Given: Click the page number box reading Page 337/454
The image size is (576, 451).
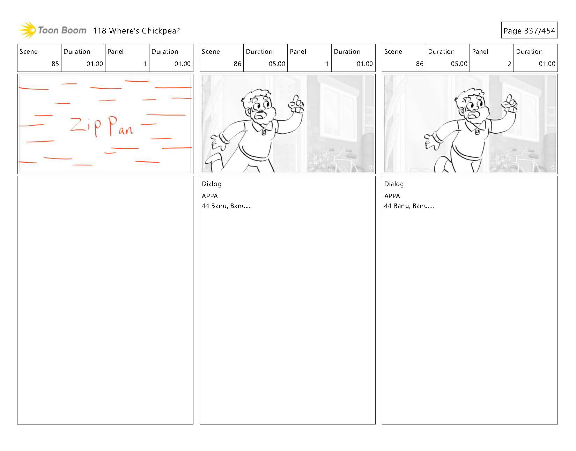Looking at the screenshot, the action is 529,30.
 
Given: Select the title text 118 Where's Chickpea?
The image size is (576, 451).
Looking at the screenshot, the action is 136,31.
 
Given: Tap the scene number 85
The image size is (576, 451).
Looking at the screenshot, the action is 55,64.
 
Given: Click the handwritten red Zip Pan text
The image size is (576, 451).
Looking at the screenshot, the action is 102,126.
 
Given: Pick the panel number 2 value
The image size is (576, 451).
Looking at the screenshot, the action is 509,64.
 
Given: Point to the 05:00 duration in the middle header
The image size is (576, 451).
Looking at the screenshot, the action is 277,64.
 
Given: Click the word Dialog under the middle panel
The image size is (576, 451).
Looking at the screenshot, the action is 211,184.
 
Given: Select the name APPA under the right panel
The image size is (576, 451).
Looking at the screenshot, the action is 392,196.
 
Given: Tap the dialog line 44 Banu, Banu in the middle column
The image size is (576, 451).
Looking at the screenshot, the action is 226,206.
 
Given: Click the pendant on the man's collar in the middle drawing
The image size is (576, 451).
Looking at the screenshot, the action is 264,132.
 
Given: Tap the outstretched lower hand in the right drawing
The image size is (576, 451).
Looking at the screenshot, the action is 431,141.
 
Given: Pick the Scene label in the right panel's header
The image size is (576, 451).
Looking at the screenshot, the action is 393,52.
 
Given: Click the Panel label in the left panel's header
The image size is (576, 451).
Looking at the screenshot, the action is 116,52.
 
